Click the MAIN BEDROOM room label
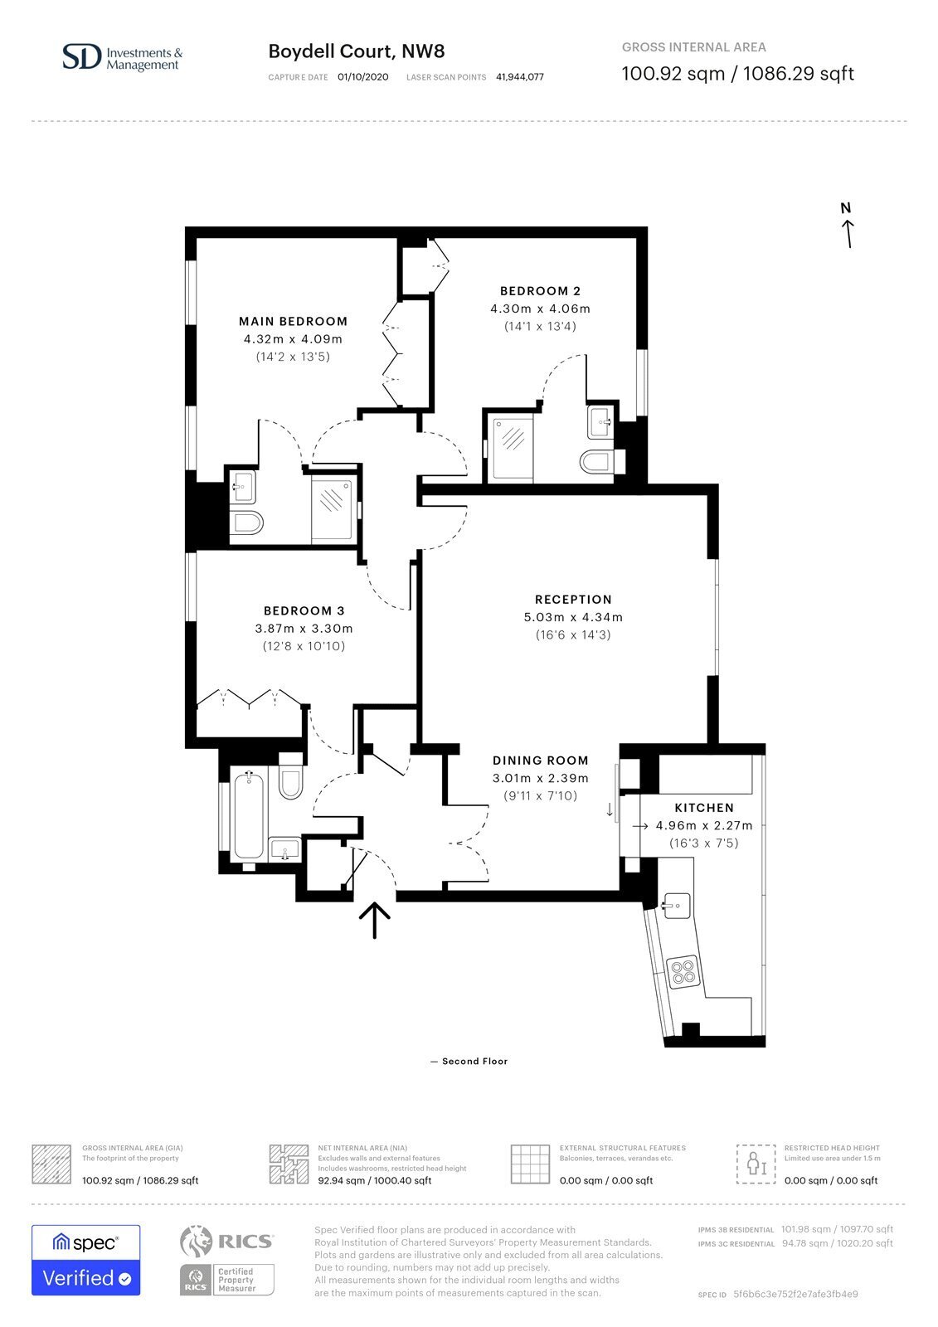coord(293,322)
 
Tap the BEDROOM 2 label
coord(540,291)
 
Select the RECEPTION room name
coord(573,600)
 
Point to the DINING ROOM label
coord(541,761)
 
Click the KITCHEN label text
coord(704,808)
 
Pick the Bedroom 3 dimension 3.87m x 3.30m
coord(304,629)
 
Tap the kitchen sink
coord(677,906)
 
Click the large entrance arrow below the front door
coord(375,920)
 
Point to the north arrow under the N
coord(848,233)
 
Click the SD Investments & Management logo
coord(122,58)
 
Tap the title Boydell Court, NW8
coord(356,51)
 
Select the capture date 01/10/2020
coord(363,77)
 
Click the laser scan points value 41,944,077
coord(520,77)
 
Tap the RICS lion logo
coord(196,1242)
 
